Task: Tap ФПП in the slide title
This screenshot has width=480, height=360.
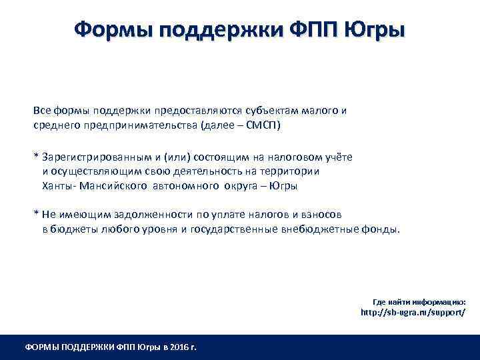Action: (x=312, y=30)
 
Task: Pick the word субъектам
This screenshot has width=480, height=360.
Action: (x=261, y=110)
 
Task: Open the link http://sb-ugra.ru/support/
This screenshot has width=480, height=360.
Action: (x=413, y=311)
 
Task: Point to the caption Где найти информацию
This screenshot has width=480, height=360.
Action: (x=419, y=301)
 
